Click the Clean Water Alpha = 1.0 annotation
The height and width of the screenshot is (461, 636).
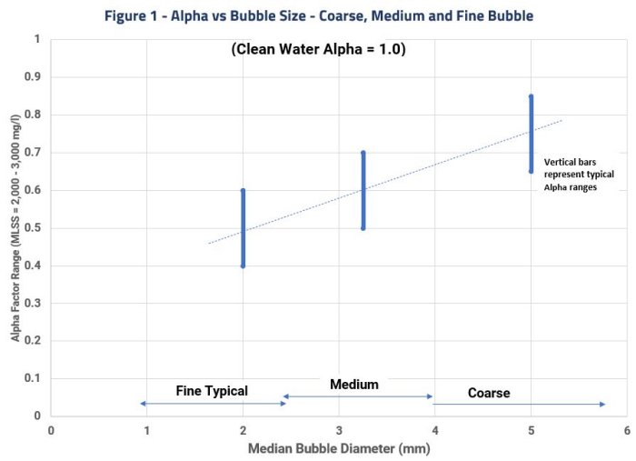pyautogui.click(x=318, y=51)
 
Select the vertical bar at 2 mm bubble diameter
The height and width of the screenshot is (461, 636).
pyautogui.click(x=243, y=227)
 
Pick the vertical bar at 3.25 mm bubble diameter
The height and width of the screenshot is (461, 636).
pyautogui.click(x=363, y=190)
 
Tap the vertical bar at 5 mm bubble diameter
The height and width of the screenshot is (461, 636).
pyautogui.click(x=531, y=133)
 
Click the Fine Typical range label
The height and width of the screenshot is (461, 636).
pyautogui.click(x=211, y=390)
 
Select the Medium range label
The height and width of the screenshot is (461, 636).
pyautogui.click(x=353, y=384)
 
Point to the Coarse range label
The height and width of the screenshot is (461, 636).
pyautogui.click(x=488, y=393)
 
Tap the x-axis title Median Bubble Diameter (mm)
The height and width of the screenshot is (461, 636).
pyautogui.click(x=340, y=448)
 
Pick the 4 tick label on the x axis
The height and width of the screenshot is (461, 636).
pyautogui.click(x=434, y=430)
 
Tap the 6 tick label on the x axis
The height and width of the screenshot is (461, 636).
pyautogui.click(x=626, y=430)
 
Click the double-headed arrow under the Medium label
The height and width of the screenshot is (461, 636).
pyautogui.click(x=358, y=396)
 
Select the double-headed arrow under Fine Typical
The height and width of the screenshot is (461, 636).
pyautogui.click(x=213, y=403)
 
